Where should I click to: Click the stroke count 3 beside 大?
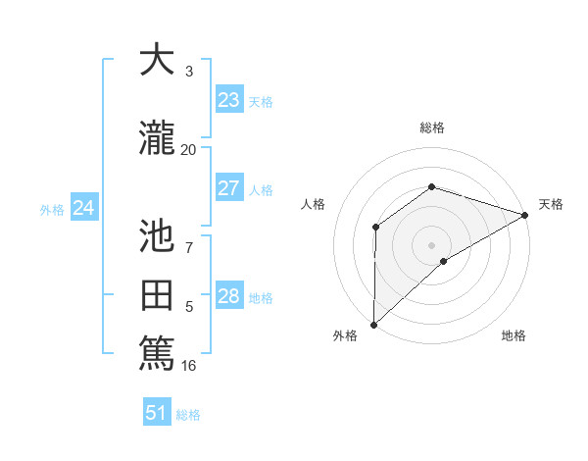pyautogui.click(x=189, y=72)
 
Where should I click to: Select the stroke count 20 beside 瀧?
pyautogui.click(x=188, y=150)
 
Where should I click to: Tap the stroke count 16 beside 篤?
pyautogui.click(x=189, y=366)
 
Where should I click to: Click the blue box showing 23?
pyautogui.click(x=228, y=99)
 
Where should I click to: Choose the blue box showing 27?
pyautogui.click(x=228, y=188)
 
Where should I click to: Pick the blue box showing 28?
pyautogui.click(x=228, y=296)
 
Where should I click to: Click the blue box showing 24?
pyautogui.click(x=84, y=207)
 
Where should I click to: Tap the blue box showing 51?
pyautogui.click(x=156, y=413)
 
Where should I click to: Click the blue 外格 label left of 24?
pyautogui.click(x=52, y=209)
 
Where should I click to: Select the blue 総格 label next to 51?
pyautogui.click(x=188, y=415)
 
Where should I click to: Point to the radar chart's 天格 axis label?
pyautogui.click(x=551, y=204)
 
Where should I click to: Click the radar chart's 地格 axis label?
pyautogui.click(x=514, y=335)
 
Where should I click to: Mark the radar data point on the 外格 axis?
pyautogui.click(x=373, y=325)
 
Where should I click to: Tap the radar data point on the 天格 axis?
pyautogui.click(x=525, y=215)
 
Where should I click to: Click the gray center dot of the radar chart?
pyautogui.click(x=431, y=244)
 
